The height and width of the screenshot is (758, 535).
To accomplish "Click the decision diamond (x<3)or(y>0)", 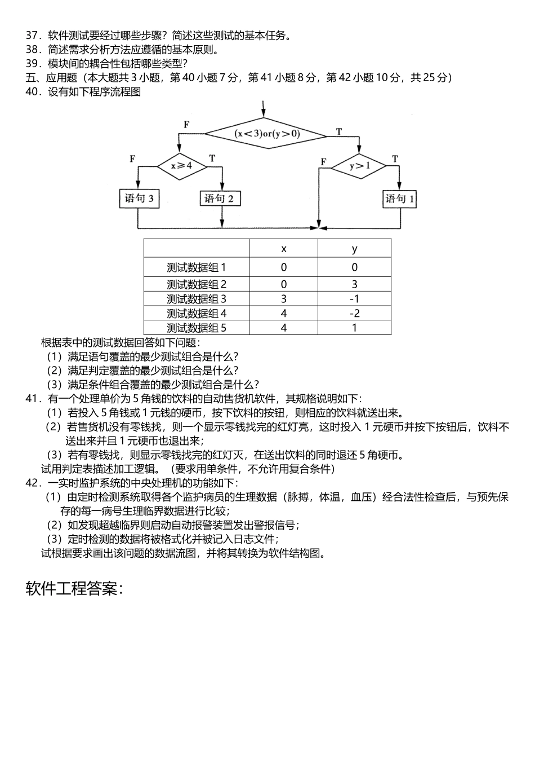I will point(266,134).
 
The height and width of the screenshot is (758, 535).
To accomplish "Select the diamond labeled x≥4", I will point(181,166).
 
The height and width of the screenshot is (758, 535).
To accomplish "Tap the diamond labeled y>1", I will point(359,166).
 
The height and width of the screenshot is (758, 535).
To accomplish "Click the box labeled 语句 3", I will point(140,199).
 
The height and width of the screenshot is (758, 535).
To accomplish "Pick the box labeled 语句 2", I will point(220,199).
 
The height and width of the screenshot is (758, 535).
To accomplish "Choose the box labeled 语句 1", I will point(400,199).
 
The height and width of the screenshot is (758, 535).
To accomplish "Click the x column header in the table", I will point(284,249).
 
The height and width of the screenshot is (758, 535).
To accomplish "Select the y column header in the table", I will point(354,249).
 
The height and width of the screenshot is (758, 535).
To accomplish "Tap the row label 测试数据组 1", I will point(197,267).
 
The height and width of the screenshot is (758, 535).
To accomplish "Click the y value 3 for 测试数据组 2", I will point(354,284).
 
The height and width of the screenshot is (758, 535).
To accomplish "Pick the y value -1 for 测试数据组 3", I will point(354,299).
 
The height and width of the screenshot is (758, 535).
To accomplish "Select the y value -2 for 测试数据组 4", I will point(354,314).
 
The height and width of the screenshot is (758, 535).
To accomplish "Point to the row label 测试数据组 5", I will point(197,328).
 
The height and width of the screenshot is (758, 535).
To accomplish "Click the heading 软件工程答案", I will point(74,589).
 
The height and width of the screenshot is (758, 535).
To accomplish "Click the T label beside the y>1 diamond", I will point(395,159).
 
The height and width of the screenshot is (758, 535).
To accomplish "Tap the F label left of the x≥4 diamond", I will point(132,159).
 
